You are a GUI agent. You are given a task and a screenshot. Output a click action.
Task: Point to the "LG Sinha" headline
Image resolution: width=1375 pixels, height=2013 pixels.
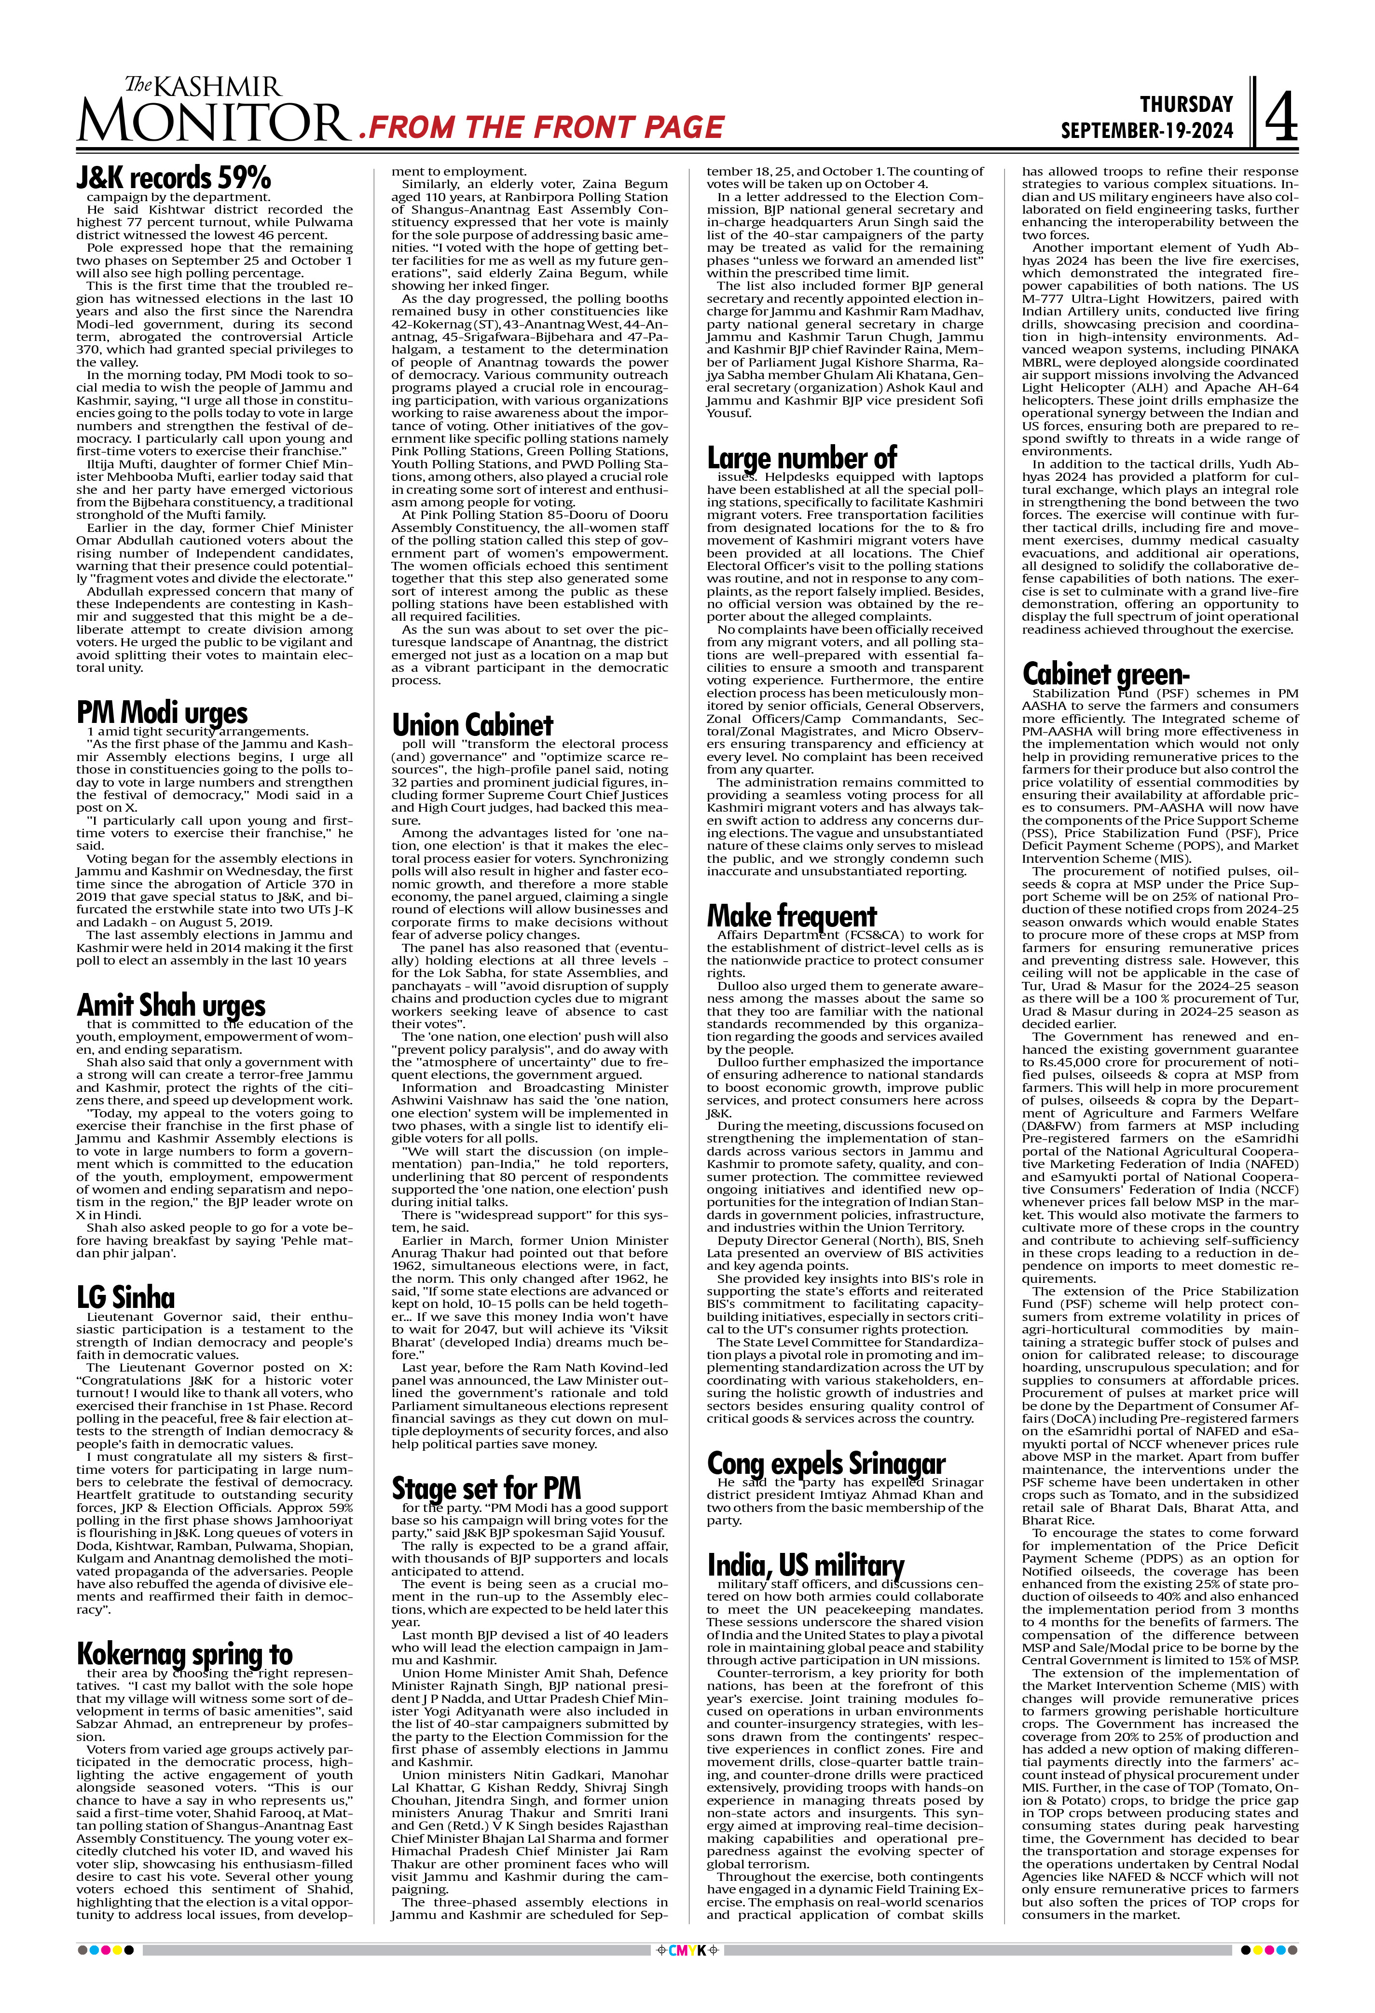(x=125, y=1297)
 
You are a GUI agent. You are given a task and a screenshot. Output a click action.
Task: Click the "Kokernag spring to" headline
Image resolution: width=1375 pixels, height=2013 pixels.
(x=185, y=1652)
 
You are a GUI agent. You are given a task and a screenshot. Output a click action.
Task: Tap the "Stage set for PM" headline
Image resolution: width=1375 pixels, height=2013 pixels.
(x=486, y=1488)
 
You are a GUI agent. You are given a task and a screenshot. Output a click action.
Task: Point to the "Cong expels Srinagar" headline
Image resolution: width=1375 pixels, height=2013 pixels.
(x=825, y=1463)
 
